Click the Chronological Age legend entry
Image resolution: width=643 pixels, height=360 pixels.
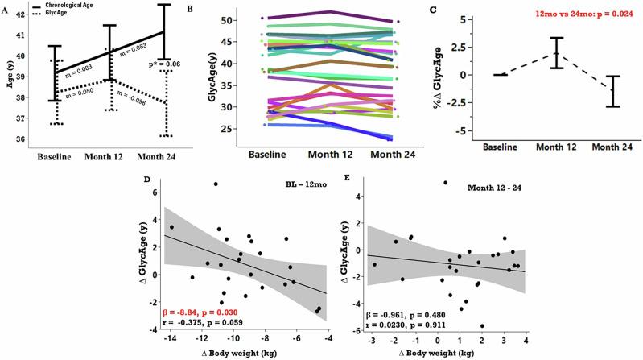point(80,6)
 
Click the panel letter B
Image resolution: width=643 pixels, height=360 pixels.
point(190,7)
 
